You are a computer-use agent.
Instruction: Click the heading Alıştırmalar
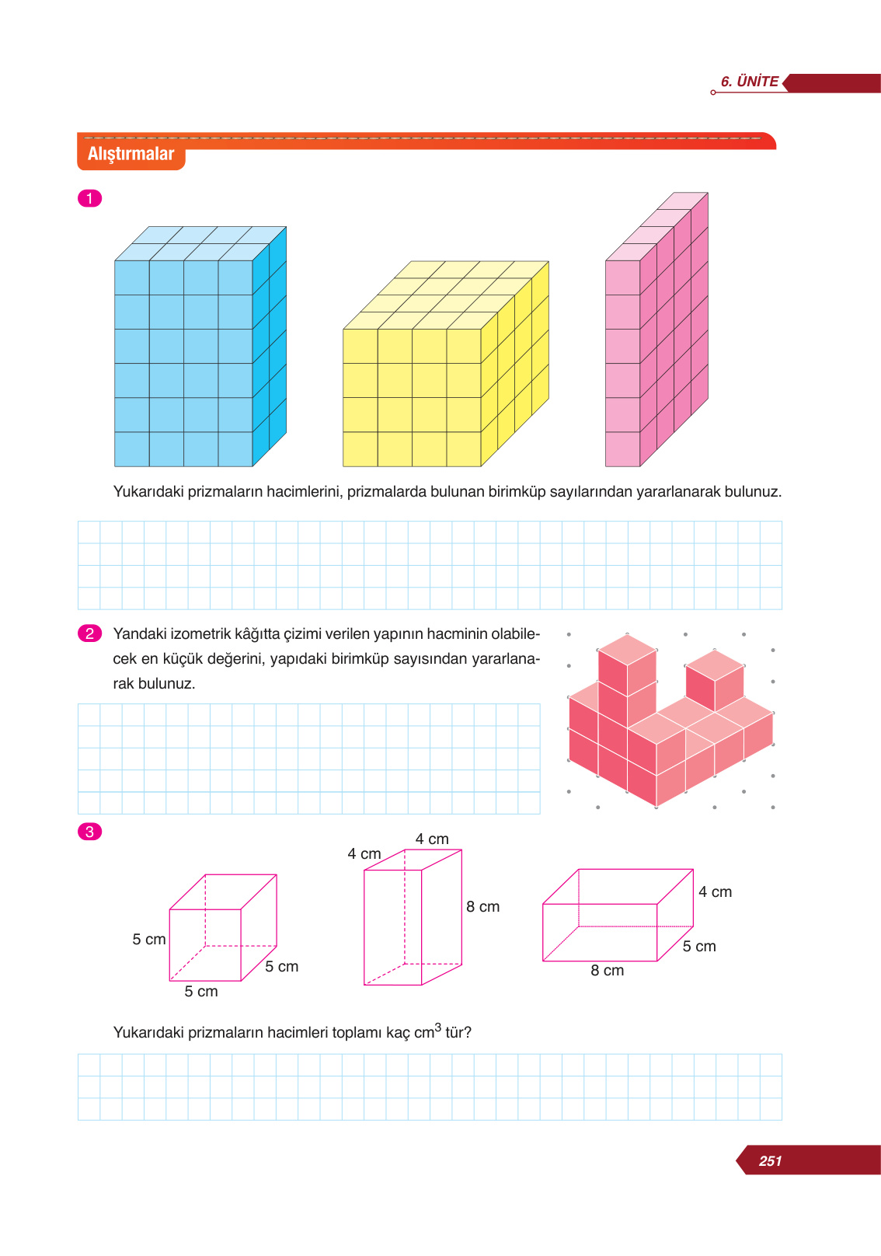coord(131,154)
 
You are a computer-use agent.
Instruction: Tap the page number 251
coord(770,1160)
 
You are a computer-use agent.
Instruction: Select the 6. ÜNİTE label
coord(749,82)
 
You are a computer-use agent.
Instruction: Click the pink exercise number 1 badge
coord(89,198)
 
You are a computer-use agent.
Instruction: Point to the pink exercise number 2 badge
coord(89,633)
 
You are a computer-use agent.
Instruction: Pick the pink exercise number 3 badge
coord(89,832)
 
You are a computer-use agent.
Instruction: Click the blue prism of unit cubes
coord(200,347)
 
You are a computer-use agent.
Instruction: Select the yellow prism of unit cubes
coord(445,364)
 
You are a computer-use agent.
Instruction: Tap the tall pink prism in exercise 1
coord(656,330)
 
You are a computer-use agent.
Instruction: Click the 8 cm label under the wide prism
coord(607,971)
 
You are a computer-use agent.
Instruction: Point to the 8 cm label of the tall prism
coord(482,907)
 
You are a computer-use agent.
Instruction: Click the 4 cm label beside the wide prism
coord(715,892)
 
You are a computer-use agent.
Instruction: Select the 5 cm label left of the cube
coord(149,939)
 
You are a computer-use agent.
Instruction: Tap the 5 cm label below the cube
coord(201,991)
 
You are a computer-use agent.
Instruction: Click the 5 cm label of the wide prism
coord(699,947)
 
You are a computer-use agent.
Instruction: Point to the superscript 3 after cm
coord(437,1027)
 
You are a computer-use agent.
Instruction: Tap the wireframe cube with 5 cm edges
coord(223,928)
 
